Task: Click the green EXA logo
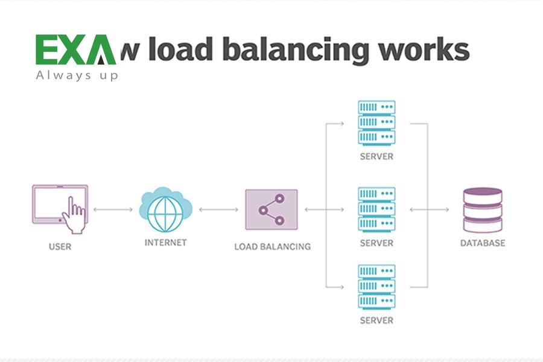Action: tap(75, 50)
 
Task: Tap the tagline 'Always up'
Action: tap(77, 75)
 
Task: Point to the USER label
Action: tap(60, 247)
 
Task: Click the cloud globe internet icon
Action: tap(165, 209)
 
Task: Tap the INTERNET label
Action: tap(165, 243)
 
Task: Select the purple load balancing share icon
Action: tap(271, 209)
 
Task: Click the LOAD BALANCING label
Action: tap(272, 247)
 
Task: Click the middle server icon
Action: tap(376, 209)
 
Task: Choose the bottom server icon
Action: tap(376, 287)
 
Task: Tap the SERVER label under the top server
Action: tap(376, 157)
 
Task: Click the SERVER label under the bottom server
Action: tap(376, 320)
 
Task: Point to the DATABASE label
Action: tap(483, 244)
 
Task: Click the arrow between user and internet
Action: tap(113, 209)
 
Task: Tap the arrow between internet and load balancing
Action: tap(218, 209)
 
